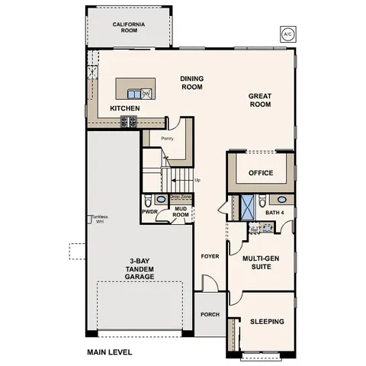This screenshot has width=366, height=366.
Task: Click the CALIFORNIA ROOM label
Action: click(x=129, y=27)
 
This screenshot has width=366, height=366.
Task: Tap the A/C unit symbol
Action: click(x=287, y=34)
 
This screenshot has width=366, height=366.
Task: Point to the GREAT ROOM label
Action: click(x=261, y=101)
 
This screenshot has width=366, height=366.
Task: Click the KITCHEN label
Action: click(x=124, y=108)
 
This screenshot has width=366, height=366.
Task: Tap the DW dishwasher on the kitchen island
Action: click(x=146, y=94)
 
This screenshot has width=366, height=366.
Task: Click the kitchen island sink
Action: click(x=133, y=94)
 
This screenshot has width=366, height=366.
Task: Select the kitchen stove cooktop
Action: click(x=129, y=120)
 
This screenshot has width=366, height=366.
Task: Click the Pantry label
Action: click(x=169, y=138)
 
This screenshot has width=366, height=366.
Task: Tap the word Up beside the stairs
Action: click(x=197, y=181)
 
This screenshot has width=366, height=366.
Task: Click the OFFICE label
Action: click(x=261, y=173)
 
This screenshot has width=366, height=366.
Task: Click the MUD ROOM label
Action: click(x=180, y=213)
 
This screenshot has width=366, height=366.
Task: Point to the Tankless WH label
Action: click(x=99, y=219)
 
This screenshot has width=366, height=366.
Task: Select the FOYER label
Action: click(x=210, y=256)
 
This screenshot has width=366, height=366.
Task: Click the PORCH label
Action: click(x=210, y=314)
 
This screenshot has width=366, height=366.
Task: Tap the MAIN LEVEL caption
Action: click(x=111, y=352)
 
